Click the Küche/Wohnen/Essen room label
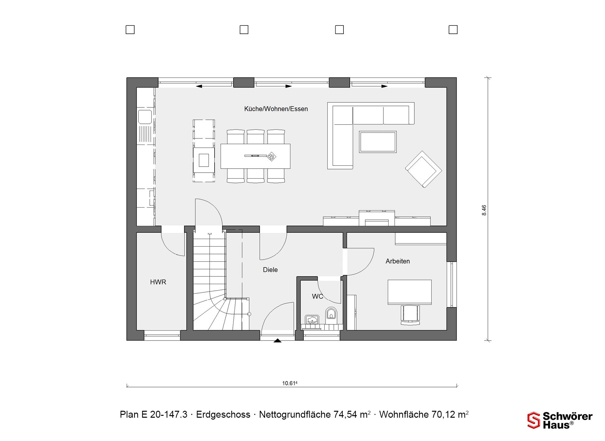pos(276,109)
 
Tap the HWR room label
pos(158,282)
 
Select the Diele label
pos(270,270)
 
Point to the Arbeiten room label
pos(398,261)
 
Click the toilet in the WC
pos(331,314)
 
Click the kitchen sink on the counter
pos(145,116)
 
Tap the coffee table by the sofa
pos(377,142)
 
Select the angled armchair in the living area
pos(423,169)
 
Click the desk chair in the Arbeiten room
pos(410,314)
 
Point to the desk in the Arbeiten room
pos(410,292)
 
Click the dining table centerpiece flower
pos(271,156)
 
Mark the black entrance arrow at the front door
pos(277,341)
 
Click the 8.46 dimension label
pos(484,210)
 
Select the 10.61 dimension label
pos(290,383)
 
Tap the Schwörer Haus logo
pos(560,421)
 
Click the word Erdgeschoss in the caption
pos(223,415)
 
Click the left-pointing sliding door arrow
pos(214,86)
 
